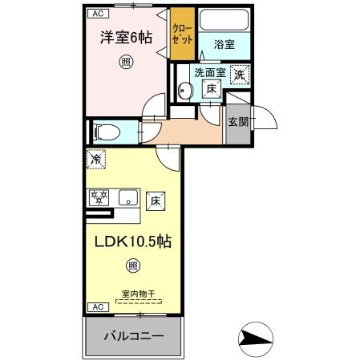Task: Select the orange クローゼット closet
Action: coord(182,33)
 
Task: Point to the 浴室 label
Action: coord(224,46)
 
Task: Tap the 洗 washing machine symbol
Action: coord(239,75)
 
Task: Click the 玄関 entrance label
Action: coord(237,122)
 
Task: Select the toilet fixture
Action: coord(106,131)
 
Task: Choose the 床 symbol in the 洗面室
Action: coord(211,90)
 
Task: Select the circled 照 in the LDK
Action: coord(131,267)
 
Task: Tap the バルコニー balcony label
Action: coord(134,335)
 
